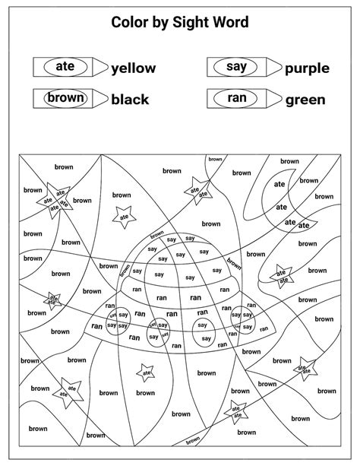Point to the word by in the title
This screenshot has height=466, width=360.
[159, 23]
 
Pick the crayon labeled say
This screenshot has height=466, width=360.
[242, 68]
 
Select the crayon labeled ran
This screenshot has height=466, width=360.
[242, 99]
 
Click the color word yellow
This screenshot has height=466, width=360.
[134, 68]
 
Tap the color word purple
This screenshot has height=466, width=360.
[307, 68]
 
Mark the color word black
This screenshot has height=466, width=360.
[130, 100]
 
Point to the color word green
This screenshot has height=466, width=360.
[305, 100]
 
